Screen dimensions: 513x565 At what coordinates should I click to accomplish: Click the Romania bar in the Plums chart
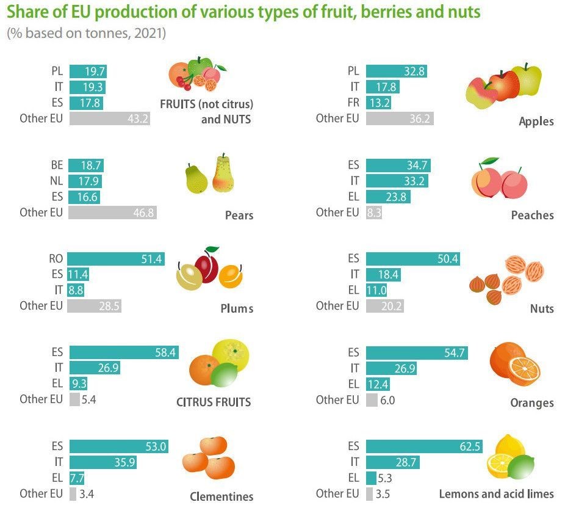tap(116, 259)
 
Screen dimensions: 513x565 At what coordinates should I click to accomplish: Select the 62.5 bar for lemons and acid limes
tap(423, 446)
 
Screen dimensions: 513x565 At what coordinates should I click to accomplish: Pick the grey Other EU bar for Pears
tap(112, 213)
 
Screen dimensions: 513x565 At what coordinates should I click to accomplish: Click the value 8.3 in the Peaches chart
tap(373, 213)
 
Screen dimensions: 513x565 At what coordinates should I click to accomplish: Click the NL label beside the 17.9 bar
tap(56, 181)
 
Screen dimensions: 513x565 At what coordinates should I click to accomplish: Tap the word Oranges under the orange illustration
tap(531, 403)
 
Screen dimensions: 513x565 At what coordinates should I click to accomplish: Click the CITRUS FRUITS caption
tap(214, 402)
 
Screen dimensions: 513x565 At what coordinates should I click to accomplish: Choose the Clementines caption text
tap(221, 496)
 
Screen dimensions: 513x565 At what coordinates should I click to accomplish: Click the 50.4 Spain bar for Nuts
tap(412, 259)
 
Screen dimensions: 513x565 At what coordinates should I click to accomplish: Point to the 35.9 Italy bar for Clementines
tap(103, 462)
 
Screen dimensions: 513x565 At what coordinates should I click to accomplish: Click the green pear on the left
tap(196, 179)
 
